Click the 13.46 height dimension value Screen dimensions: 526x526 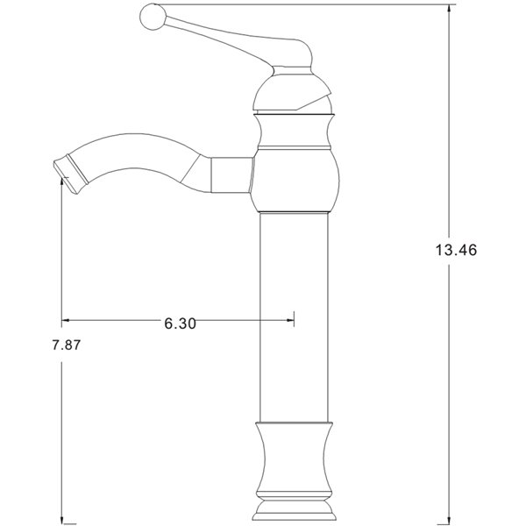point(454,250)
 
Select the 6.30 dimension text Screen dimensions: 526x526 point(180,323)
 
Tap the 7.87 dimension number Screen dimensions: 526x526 point(66,345)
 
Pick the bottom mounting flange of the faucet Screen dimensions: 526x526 point(295,509)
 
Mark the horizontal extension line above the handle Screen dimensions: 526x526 point(351,4)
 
